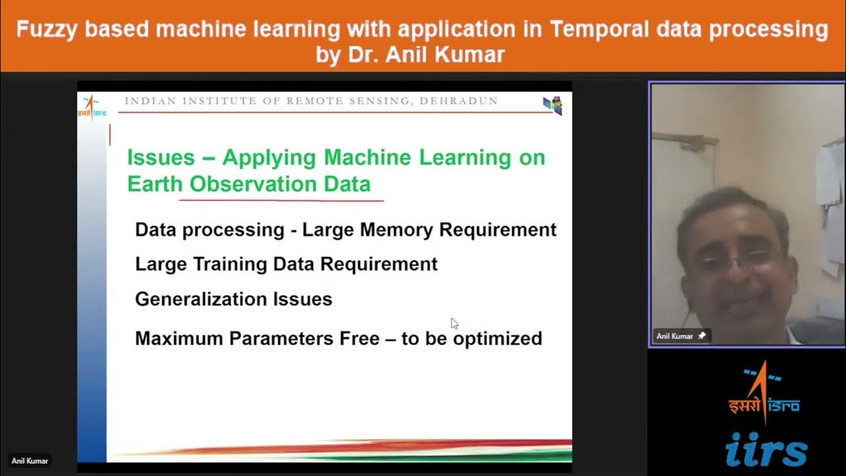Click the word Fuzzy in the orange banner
48,30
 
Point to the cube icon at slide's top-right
553,105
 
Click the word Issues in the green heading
161,157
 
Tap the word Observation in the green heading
250,184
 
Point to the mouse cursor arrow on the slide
454,323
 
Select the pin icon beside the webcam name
702,336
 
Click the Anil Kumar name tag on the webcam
675,336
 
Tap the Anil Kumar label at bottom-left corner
30,461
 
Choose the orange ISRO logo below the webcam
765,393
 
